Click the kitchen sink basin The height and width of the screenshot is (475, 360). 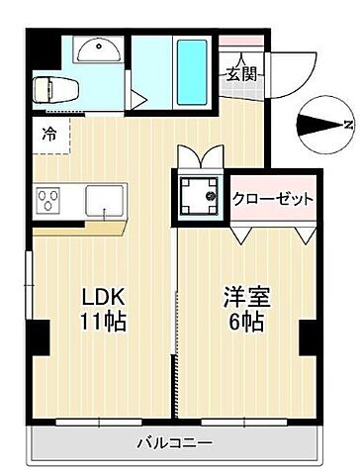click(x=103, y=201)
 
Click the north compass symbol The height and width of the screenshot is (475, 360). click(x=323, y=124)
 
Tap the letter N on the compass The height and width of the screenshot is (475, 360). click(x=347, y=124)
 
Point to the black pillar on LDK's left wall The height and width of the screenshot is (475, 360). click(x=40, y=338)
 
